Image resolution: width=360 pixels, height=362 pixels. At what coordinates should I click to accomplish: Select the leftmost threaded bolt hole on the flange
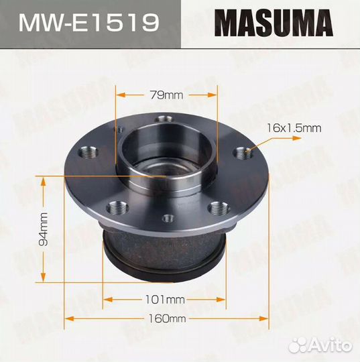click(x=85, y=154)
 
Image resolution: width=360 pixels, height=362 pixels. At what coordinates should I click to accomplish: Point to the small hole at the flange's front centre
click(x=166, y=216)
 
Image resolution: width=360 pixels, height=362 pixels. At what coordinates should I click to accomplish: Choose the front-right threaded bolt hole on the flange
click(x=215, y=207)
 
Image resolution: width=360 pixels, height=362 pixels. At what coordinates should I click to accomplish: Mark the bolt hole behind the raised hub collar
click(x=160, y=120)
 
